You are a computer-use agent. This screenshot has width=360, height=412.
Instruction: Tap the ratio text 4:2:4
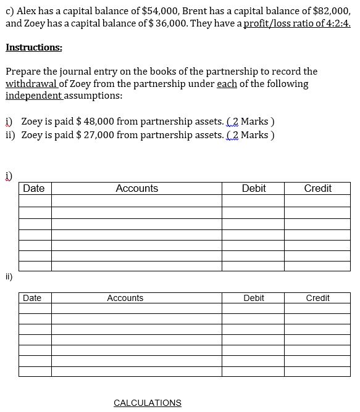pyautogui.click(x=337, y=24)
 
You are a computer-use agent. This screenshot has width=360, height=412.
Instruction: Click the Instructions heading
pyautogui.click(x=34, y=47)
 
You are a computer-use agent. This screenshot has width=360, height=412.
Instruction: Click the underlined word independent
pyautogui.click(x=33, y=96)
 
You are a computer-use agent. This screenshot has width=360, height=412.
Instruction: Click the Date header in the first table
pyautogui.click(x=34, y=189)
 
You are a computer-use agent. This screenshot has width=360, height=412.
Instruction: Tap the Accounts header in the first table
pyautogui.click(x=136, y=189)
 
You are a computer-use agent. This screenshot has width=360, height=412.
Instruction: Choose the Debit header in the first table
pyautogui.click(x=254, y=189)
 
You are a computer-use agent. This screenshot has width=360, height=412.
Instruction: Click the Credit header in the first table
pyautogui.click(x=318, y=189)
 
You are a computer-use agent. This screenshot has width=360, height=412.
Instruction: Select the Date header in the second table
pyautogui.click(x=32, y=299)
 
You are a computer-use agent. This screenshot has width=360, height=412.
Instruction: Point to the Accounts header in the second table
pyautogui.click(x=125, y=299)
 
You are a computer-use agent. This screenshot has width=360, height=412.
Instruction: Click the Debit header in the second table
pyautogui.click(x=254, y=299)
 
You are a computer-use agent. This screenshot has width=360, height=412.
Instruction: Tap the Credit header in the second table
pyautogui.click(x=318, y=299)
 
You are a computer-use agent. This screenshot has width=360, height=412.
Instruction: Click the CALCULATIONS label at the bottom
pyautogui.click(x=148, y=403)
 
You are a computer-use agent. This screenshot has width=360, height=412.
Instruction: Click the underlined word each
pyautogui.click(x=227, y=83)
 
